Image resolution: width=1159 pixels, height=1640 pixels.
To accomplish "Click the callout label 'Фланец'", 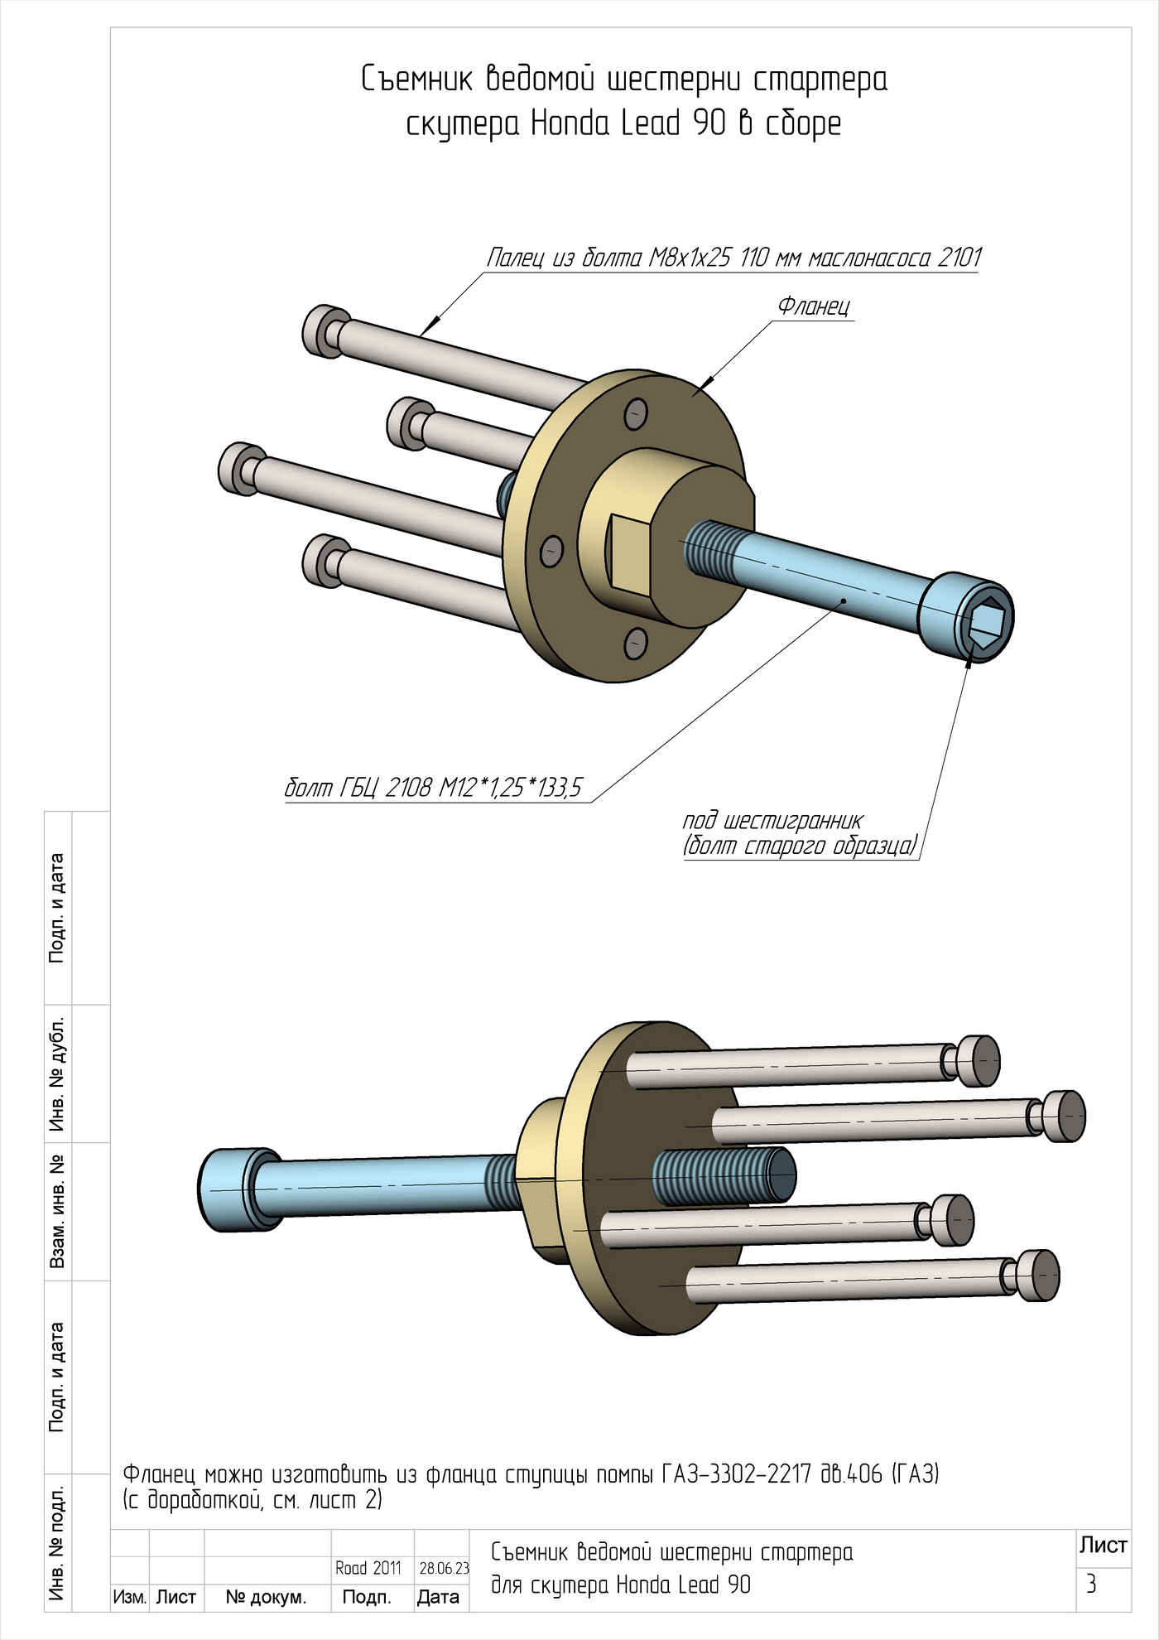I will [813, 306].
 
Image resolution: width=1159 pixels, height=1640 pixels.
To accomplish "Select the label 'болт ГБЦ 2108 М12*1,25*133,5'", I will [433, 787].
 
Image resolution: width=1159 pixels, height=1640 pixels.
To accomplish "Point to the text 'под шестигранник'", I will [772, 821].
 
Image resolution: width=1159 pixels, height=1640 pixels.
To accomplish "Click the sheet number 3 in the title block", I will [1091, 1585].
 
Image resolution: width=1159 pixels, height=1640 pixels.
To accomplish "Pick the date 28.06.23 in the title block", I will [444, 1569].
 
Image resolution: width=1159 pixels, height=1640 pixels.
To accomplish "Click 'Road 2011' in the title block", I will [368, 1569].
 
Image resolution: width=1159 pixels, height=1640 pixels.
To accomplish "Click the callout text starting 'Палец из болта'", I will [733, 258].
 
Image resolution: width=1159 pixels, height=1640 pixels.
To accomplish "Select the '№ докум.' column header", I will [266, 1598].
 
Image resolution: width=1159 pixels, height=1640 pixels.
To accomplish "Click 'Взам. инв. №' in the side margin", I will [58, 1212].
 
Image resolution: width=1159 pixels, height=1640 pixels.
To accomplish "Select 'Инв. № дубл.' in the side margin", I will [58, 1073].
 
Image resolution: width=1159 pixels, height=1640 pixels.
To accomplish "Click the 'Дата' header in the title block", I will [438, 1598].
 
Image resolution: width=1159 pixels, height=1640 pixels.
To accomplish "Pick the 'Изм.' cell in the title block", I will [129, 1598].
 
